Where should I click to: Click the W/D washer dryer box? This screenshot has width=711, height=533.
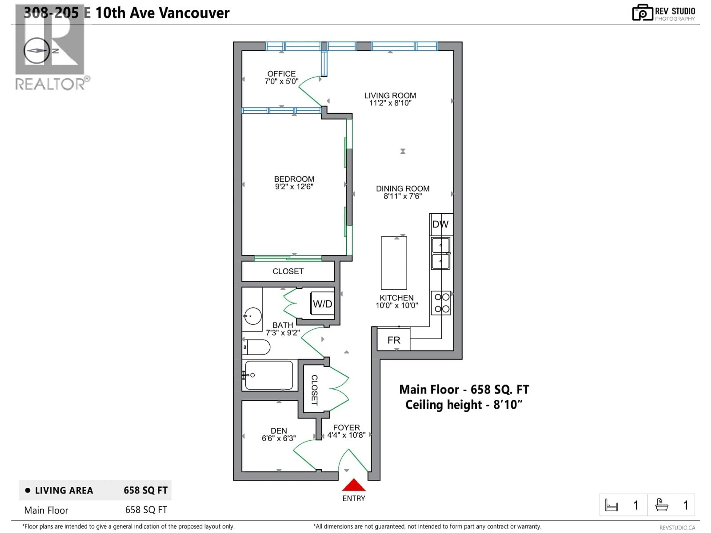pos(322,304)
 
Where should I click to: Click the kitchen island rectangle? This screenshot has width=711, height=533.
pos(394,263)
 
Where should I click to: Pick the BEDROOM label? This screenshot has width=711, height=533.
pos(294,179)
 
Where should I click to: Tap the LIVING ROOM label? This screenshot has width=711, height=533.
pos(390,95)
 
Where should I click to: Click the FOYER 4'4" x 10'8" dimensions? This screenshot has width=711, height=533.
pos(346,435)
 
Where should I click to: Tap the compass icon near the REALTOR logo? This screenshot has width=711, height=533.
pos(36,51)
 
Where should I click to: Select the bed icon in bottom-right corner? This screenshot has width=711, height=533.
pos(611,505)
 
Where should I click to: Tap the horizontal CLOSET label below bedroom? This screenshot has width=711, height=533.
pos(288,271)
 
